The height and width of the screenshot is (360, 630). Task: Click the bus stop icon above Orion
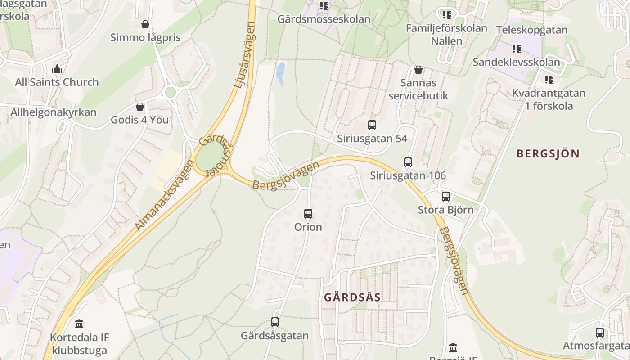[x=308, y=214]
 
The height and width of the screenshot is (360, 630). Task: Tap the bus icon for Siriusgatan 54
[x=372, y=125]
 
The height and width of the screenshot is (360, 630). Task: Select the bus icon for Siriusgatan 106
[x=408, y=162]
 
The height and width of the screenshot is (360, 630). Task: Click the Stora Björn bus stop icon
[x=445, y=197]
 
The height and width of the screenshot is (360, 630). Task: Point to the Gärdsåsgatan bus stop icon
[x=274, y=322]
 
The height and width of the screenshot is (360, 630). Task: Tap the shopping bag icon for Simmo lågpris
[x=145, y=24]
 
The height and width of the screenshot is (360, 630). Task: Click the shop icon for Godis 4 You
[x=139, y=107]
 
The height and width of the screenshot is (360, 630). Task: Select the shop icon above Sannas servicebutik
[x=418, y=70]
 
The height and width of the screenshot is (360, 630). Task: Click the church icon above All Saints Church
[x=57, y=69]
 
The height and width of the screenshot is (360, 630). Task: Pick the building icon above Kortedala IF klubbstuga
[x=80, y=324]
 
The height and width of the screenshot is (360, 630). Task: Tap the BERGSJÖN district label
[x=548, y=153]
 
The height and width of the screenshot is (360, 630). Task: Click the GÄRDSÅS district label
[x=352, y=297]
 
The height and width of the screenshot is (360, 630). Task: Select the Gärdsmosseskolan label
[x=324, y=19]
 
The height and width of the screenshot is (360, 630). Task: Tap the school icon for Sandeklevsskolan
[x=516, y=49]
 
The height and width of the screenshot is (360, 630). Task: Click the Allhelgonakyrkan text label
[x=54, y=112]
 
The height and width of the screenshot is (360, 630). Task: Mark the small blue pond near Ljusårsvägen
[x=281, y=74]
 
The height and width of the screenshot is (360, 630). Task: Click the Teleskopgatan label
[x=532, y=30]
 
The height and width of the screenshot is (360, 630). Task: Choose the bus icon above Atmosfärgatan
[x=599, y=333]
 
